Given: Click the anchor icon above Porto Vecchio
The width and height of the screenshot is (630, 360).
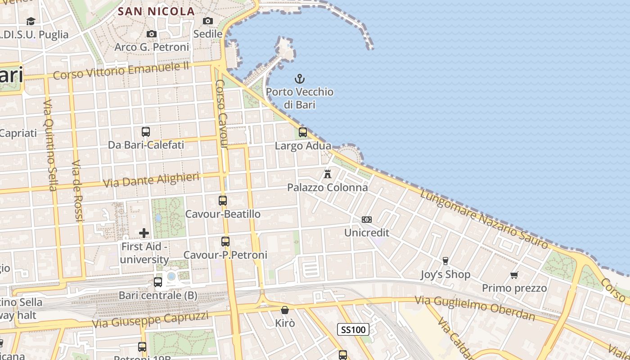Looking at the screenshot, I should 299,79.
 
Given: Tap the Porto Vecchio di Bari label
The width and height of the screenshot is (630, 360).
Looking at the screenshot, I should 299,98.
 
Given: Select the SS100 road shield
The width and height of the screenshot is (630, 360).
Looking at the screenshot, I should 353,330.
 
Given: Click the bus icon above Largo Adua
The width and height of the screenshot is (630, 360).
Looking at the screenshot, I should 303,132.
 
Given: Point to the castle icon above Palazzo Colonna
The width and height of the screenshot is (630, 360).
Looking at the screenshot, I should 328,174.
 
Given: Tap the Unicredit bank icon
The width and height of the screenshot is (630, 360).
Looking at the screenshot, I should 367,220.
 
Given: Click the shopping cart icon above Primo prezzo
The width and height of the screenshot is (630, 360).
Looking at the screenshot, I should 514,275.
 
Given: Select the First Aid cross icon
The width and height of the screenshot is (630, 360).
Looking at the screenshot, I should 144,233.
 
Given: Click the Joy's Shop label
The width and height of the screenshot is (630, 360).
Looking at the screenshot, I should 445,274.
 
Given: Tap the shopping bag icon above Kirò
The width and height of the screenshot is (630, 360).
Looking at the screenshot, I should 285,310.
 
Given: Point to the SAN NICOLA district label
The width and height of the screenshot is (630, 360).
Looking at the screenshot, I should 156,12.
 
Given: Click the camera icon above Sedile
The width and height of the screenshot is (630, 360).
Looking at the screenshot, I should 208,21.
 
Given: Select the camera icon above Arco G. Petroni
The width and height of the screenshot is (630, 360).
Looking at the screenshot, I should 152,34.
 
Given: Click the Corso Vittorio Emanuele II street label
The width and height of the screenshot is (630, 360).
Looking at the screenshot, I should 121,71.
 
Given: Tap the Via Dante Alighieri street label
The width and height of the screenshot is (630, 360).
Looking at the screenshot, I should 151,180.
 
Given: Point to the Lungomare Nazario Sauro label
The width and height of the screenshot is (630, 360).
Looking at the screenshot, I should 484,219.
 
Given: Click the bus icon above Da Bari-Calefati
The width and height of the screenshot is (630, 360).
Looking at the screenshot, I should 146,132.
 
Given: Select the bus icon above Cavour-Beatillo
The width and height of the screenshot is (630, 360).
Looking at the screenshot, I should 223,201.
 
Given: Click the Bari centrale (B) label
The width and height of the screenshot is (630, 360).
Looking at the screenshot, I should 158,296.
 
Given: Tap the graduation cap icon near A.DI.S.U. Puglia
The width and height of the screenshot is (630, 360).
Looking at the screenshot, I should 31,21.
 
